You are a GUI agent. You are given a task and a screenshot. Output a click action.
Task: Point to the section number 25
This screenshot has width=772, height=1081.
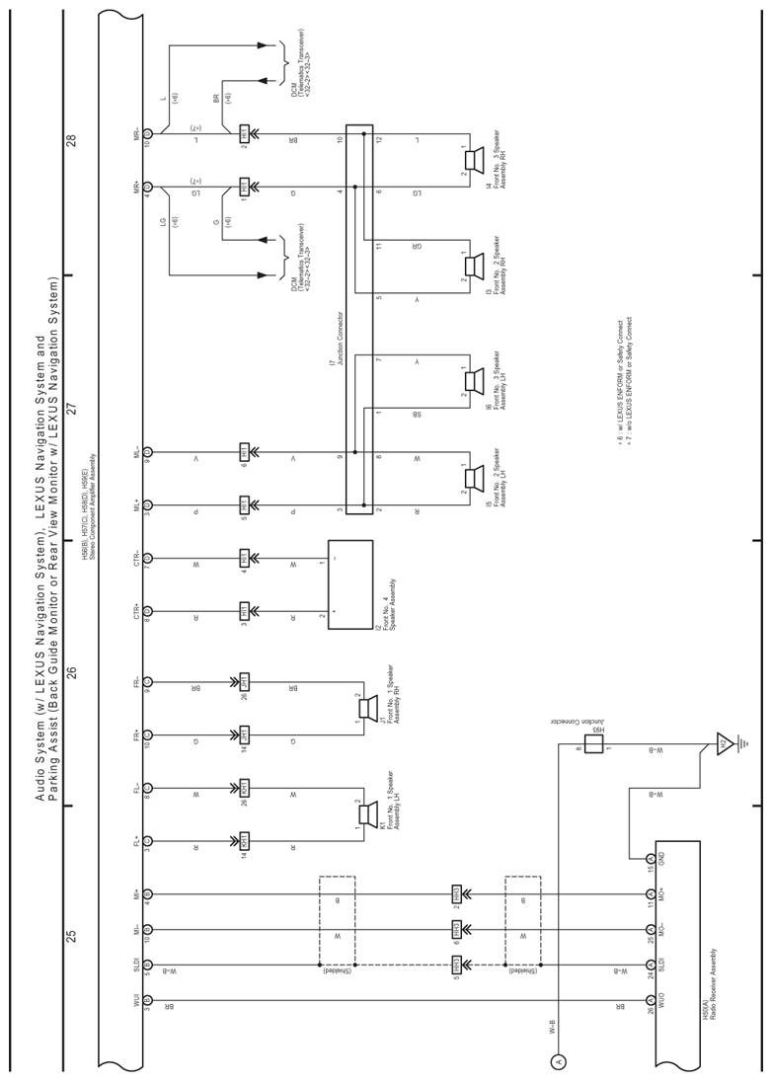71,936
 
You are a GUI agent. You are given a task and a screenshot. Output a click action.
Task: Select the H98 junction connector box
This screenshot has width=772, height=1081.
593,743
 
